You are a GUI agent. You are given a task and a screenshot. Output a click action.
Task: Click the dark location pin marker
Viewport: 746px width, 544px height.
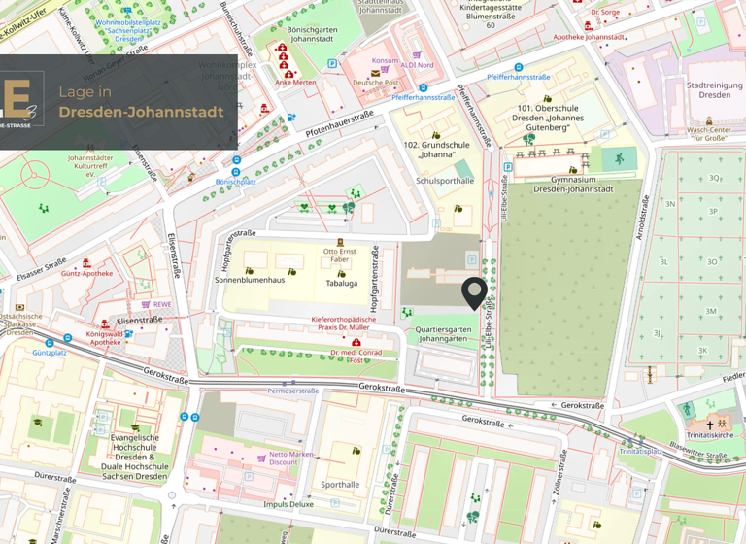pyautogui.click(x=474, y=292)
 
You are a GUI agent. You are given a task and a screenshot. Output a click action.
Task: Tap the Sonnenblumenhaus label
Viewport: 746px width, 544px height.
pyautogui.click(x=250, y=280)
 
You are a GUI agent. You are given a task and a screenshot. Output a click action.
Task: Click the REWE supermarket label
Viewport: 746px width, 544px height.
pyautogui.click(x=161, y=304)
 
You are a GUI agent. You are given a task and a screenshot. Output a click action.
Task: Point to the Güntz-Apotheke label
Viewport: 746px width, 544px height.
pyautogui.click(x=86, y=273)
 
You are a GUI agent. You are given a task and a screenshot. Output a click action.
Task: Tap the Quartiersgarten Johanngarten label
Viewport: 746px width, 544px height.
pyautogui.click(x=443, y=334)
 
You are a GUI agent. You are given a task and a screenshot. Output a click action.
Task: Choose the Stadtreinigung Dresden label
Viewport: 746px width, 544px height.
pyautogui.click(x=714, y=90)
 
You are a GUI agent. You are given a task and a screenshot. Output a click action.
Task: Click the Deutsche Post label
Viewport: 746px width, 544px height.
pyautogui.click(x=375, y=83)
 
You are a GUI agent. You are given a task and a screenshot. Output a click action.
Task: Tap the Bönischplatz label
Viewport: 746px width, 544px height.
pyautogui.click(x=235, y=182)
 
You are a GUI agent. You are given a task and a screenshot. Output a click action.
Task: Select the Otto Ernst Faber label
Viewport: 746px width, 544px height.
pyautogui.click(x=340, y=255)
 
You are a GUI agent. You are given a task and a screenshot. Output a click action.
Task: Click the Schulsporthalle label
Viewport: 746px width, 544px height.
pyautogui.click(x=445, y=181)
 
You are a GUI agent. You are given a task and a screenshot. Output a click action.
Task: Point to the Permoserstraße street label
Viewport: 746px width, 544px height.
pyautogui.click(x=293, y=391)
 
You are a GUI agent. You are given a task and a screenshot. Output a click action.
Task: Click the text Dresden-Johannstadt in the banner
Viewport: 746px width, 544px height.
pyautogui.click(x=141, y=112)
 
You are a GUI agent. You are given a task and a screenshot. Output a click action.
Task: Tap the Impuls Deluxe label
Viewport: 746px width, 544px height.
pyautogui.click(x=288, y=504)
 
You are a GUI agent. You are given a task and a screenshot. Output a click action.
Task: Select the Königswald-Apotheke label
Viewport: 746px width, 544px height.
pyautogui.click(x=104, y=337)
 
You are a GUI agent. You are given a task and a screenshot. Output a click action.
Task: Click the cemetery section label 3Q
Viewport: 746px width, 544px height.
pyautogui.click(x=715, y=178)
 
